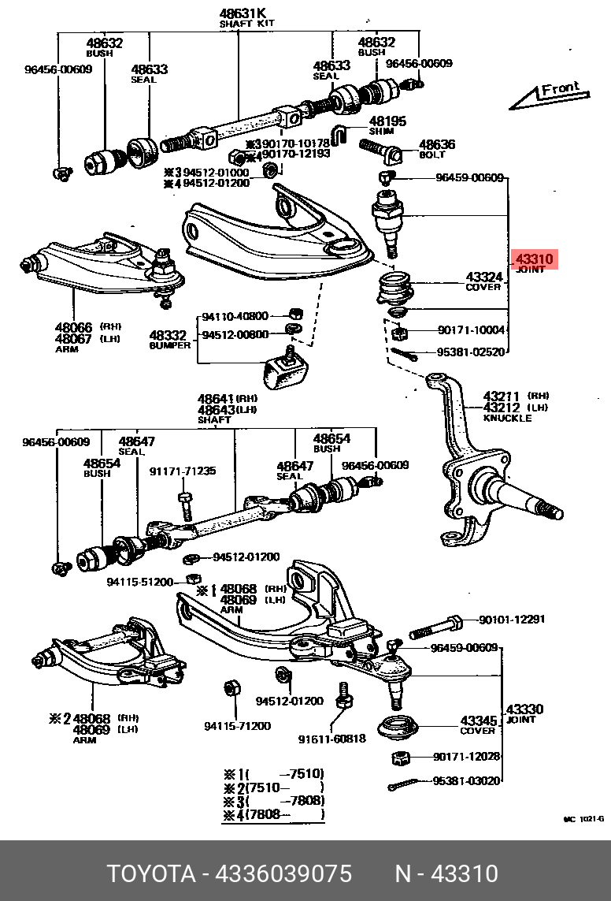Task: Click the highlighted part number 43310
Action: (535, 259)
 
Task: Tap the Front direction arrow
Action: (550, 96)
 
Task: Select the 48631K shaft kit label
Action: (243, 14)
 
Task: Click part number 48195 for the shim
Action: (387, 121)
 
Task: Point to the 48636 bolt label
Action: (437, 144)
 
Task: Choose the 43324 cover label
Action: (483, 277)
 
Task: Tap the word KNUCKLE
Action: (507, 418)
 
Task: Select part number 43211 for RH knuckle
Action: (502, 396)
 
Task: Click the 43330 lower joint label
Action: (524, 709)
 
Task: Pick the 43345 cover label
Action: (479, 720)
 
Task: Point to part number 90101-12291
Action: (512, 620)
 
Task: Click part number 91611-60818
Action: (331, 739)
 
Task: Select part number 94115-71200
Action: (237, 725)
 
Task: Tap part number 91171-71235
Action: (183, 471)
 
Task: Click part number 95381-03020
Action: (466, 781)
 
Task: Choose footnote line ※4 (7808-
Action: (272, 814)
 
